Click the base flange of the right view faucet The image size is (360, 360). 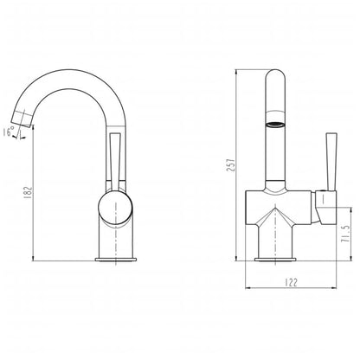click(x=278, y=256)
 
